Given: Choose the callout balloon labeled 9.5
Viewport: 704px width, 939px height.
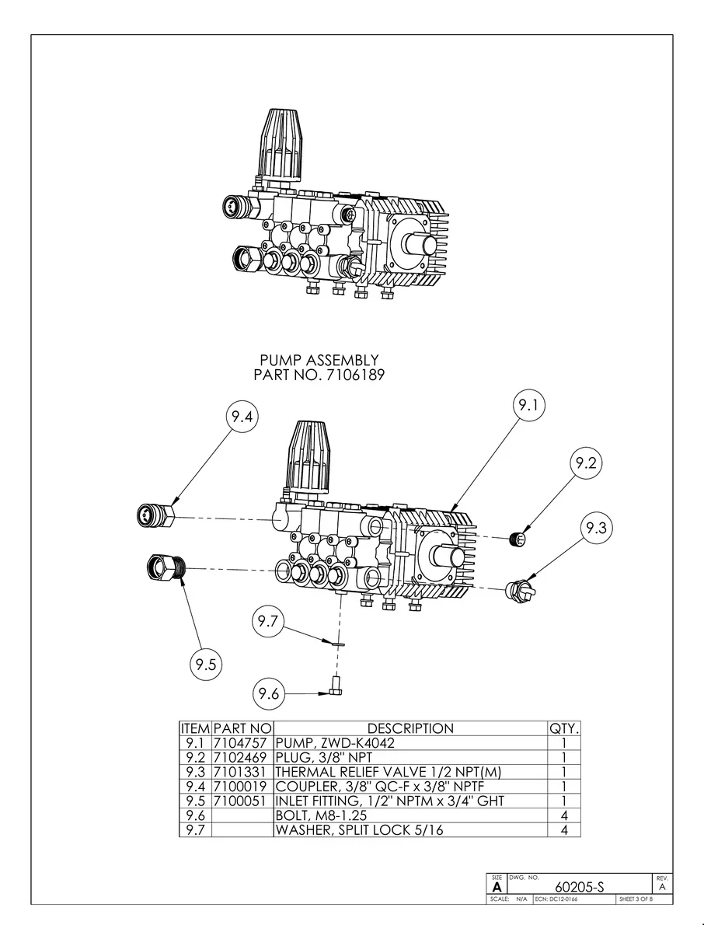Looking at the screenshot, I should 206,665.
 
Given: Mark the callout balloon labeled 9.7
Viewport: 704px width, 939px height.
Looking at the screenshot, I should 269,622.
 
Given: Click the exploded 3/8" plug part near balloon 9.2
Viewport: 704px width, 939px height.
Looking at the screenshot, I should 516,538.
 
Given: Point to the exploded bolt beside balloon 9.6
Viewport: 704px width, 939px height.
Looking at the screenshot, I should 336,686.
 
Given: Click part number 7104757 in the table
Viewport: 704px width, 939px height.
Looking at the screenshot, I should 242,742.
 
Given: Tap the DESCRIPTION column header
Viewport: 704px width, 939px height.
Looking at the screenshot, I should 410,728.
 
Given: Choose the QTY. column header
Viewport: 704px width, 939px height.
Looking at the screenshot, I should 564,728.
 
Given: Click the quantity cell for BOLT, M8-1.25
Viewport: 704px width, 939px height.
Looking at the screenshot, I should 564,816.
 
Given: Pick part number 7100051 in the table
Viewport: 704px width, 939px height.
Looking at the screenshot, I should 242,801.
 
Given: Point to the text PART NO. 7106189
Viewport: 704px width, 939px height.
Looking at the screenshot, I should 319,375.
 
